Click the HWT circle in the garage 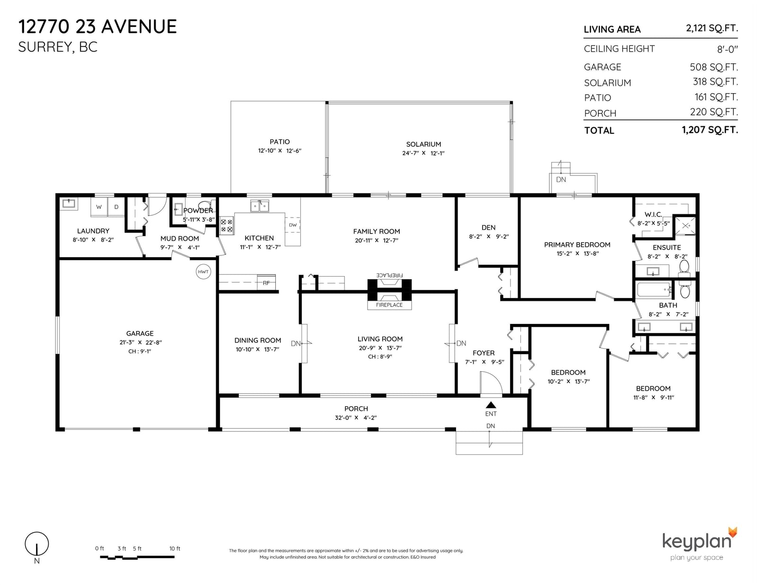click(x=203, y=271)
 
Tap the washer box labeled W click(x=99, y=207)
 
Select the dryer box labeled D click(x=116, y=207)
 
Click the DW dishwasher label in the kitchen click(x=292, y=225)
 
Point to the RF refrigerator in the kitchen click(x=266, y=282)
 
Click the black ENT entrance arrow click(x=491, y=405)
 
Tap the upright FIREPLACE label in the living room click(x=389, y=305)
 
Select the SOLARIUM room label click(x=423, y=144)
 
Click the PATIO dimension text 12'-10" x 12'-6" click(x=280, y=151)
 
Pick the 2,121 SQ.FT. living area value click(x=712, y=28)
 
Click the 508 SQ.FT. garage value click(x=714, y=67)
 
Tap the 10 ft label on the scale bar click(x=175, y=549)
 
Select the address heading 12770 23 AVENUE click(x=97, y=27)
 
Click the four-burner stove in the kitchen click(x=227, y=225)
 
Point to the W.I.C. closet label click(x=653, y=215)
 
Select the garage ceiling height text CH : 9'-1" click(x=140, y=351)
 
